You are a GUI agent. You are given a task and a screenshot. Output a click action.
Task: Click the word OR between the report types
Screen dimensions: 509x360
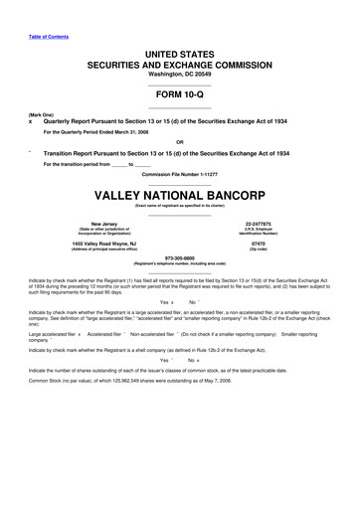(180, 140)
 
